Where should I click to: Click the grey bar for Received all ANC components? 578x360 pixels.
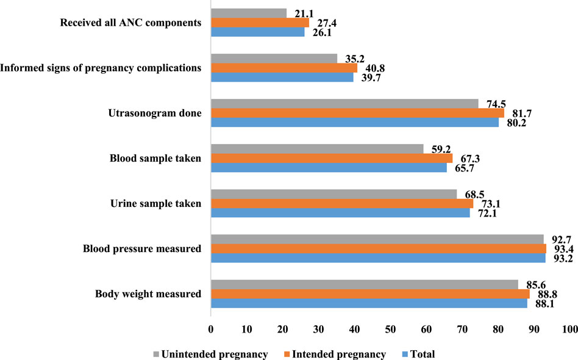[x=248, y=13]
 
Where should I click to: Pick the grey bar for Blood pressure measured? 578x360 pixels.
[x=377, y=239]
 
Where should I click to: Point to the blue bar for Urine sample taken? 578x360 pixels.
[x=340, y=213]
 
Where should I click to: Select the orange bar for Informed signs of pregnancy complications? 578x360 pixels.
[x=284, y=68]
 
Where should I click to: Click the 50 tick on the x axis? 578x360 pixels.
[x=390, y=330]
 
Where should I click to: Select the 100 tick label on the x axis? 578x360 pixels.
[x=570, y=330]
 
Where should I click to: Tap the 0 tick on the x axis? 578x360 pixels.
[x=211, y=330]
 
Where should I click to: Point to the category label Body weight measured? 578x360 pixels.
[x=148, y=294]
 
